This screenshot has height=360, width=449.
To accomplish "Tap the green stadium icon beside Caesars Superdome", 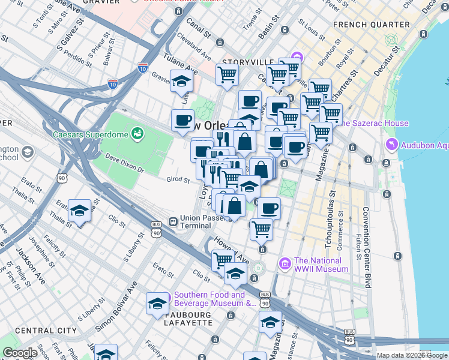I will pos(138,132).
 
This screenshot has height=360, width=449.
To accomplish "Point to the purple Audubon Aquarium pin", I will pos(392,145).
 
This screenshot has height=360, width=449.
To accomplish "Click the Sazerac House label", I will pos(375,123).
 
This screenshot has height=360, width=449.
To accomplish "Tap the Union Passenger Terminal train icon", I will pos(172,221).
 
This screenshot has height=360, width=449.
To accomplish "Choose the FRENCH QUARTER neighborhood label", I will pos(371,25).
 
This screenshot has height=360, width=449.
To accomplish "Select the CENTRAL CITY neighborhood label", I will pos(46,331).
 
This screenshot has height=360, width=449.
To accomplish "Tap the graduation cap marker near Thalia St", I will pos(80,211).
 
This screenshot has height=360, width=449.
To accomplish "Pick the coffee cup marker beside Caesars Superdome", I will pos(182,120).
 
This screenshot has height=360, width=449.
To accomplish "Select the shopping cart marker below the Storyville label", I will pos(228,75).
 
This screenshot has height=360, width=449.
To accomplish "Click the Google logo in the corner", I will pos(20,353).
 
